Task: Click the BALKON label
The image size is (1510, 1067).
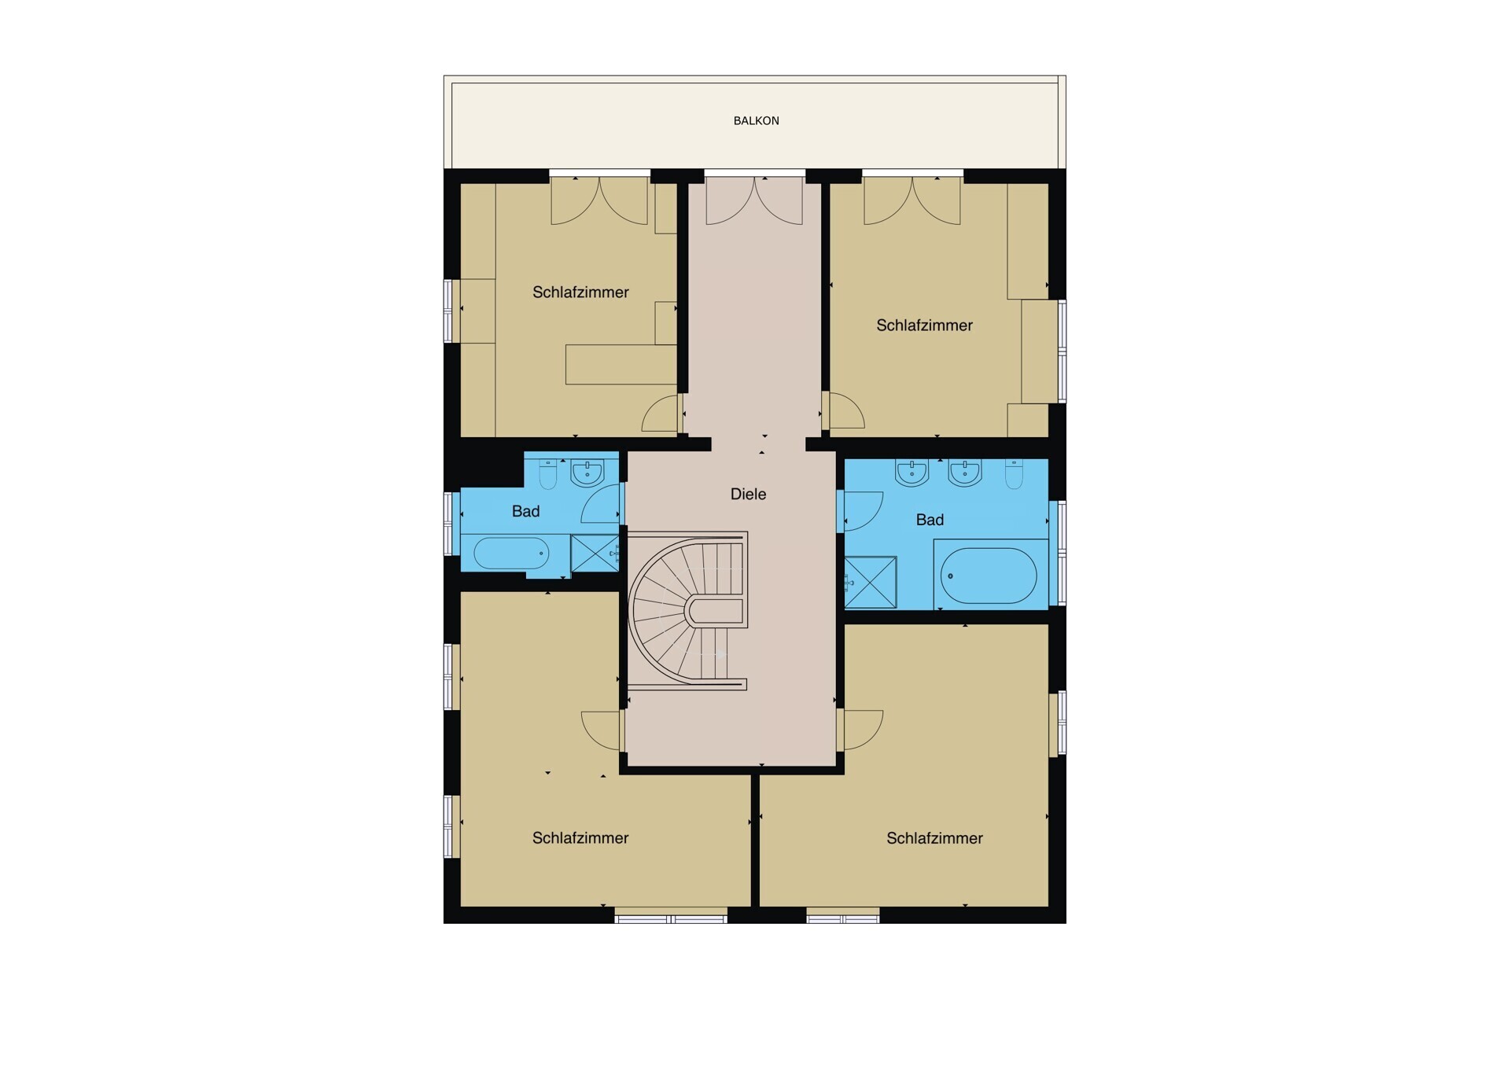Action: tap(756, 121)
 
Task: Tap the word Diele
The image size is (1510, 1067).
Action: tap(748, 494)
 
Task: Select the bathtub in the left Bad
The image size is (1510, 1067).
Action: tap(512, 554)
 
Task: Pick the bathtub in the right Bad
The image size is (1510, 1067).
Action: tap(989, 576)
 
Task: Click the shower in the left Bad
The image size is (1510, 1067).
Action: tap(594, 553)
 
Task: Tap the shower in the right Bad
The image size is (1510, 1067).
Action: tap(871, 582)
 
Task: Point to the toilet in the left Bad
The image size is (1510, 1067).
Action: tap(548, 474)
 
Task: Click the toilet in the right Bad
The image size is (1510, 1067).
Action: tap(1015, 474)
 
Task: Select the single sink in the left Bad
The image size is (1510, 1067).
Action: tap(587, 473)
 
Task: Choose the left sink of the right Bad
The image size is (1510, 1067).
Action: tap(912, 473)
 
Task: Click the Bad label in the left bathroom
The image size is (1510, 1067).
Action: tap(525, 512)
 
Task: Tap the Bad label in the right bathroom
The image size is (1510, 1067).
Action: tap(930, 520)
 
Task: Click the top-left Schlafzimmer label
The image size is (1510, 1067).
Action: tap(580, 293)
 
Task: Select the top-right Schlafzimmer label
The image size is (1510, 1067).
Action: tap(925, 326)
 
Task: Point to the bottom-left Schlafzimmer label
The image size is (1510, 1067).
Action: tap(580, 838)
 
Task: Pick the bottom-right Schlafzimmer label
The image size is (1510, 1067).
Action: tap(935, 838)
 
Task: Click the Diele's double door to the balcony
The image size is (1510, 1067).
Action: tap(755, 201)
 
